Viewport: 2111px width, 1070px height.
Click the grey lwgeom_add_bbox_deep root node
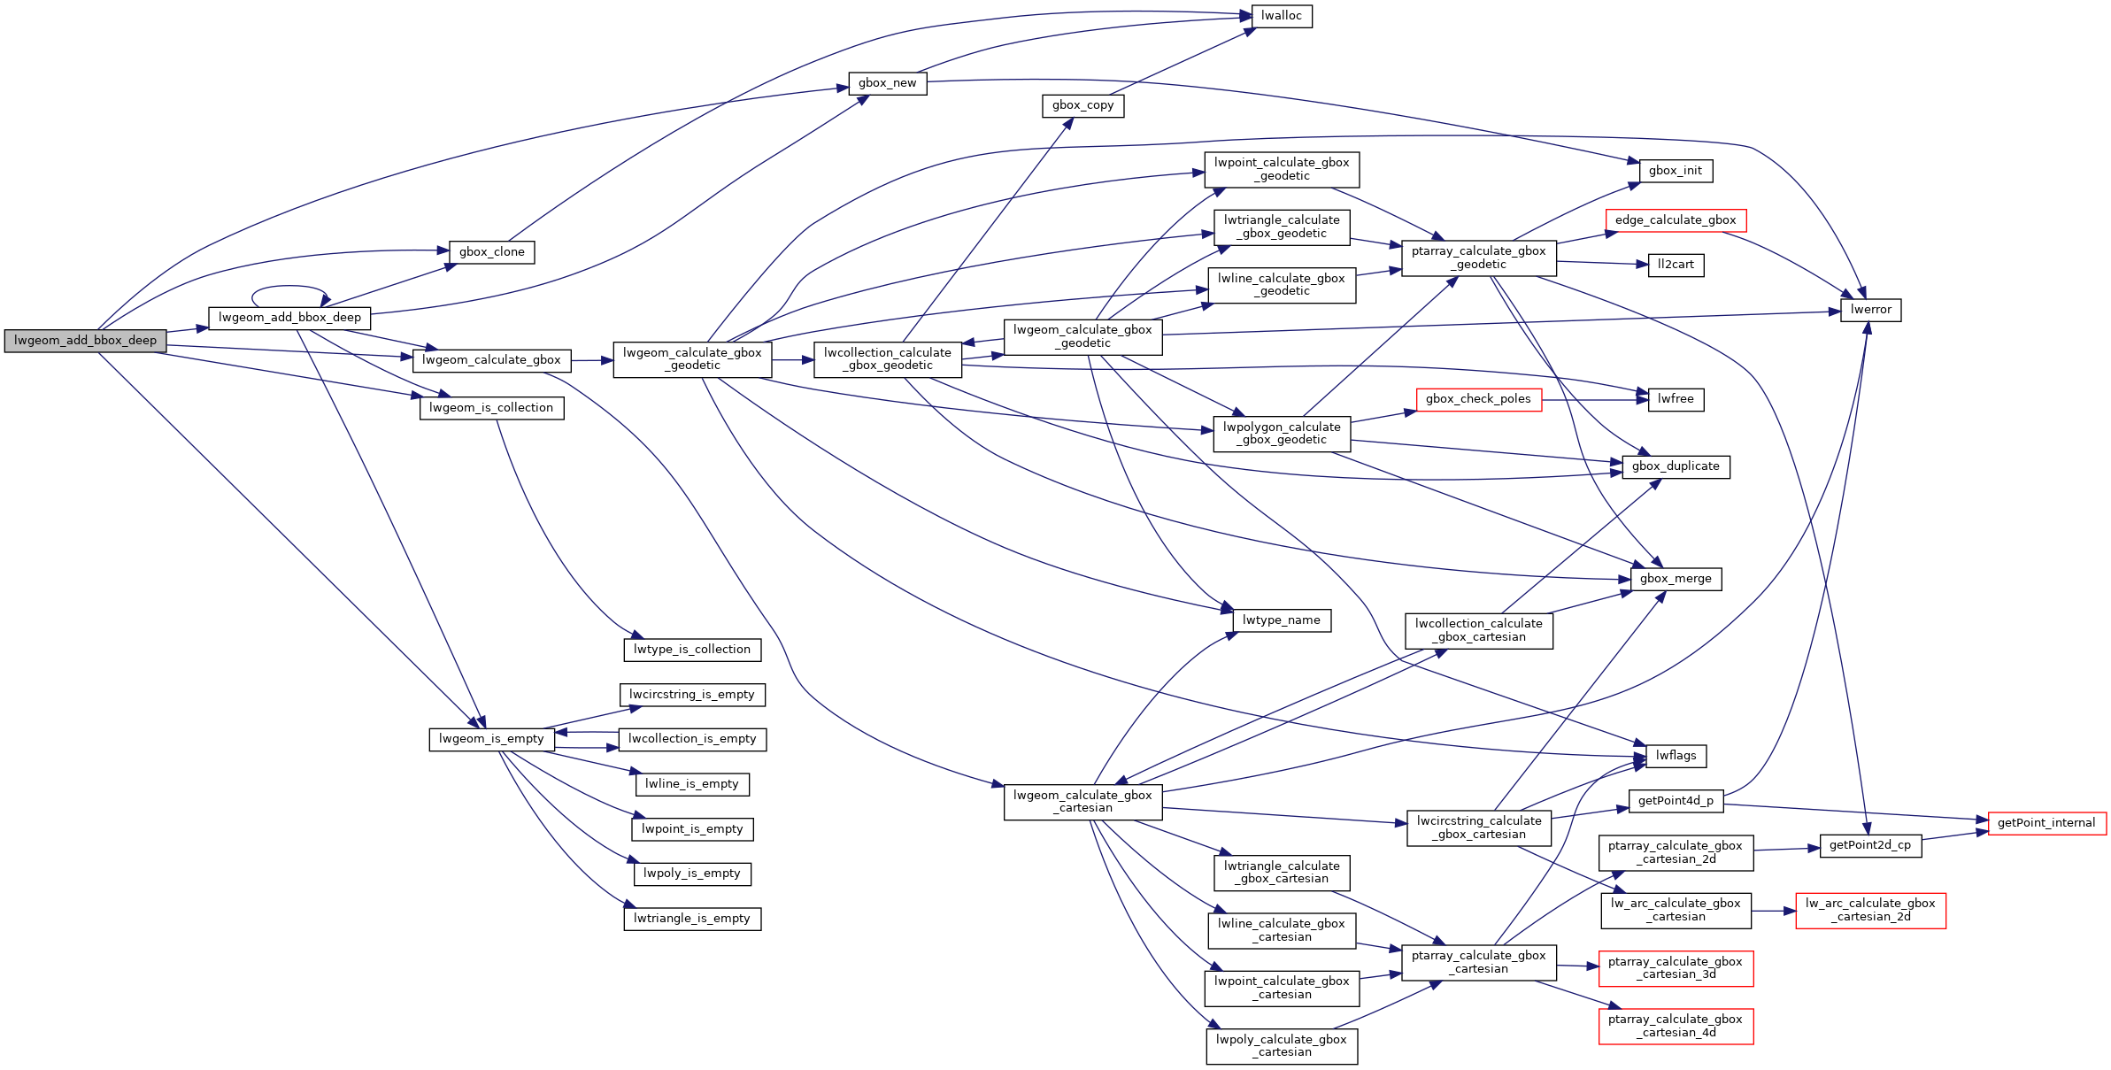tap(85, 341)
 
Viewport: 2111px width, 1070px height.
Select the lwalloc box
tap(1281, 16)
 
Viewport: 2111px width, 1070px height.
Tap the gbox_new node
tap(887, 83)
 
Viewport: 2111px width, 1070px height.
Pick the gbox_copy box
tap(1082, 105)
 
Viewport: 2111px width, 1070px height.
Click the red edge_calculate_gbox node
tap(1675, 220)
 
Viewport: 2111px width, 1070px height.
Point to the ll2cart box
tap(1676, 265)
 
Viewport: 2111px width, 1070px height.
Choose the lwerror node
tap(1870, 310)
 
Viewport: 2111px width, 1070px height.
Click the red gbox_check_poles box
tap(1478, 399)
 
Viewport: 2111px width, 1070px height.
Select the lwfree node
tap(1675, 399)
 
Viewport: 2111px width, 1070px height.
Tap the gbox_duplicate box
tap(1675, 466)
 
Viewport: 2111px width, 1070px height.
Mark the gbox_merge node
tap(1675, 579)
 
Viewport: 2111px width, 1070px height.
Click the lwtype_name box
tap(1281, 620)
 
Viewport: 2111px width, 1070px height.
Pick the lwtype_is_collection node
tap(691, 650)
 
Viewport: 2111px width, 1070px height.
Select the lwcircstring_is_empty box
tap(691, 695)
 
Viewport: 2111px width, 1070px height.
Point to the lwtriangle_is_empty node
tap(691, 919)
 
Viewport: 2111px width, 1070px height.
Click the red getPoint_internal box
tap(2046, 823)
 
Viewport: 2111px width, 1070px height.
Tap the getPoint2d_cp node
tap(1869, 845)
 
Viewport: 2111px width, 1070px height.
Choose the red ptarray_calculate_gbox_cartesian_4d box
tap(1675, 1026)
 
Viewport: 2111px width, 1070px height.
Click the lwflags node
tap(1676, 756)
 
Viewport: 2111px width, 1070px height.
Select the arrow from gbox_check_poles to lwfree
tap(1593, 400)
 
